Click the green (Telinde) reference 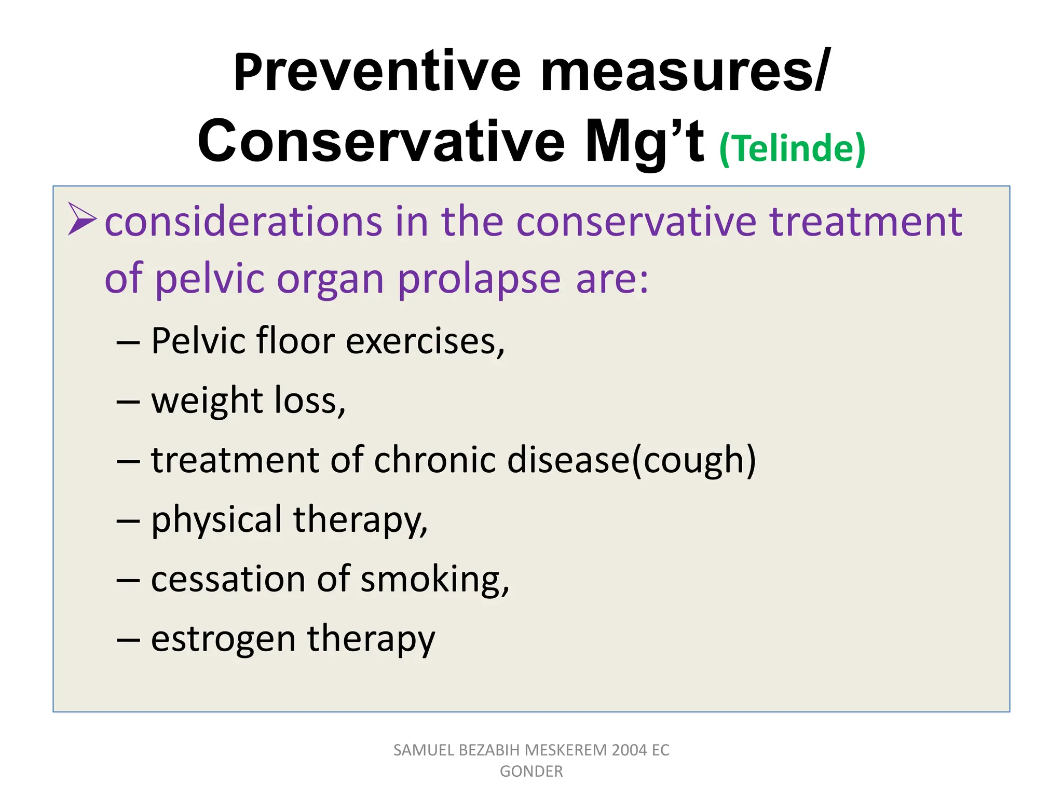point(792,149)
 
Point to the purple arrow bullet point(82,219)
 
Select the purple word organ point(330,280)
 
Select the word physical point(216,520)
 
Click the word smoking point(434,580)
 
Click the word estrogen point(223,640)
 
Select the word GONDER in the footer point(531,772)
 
